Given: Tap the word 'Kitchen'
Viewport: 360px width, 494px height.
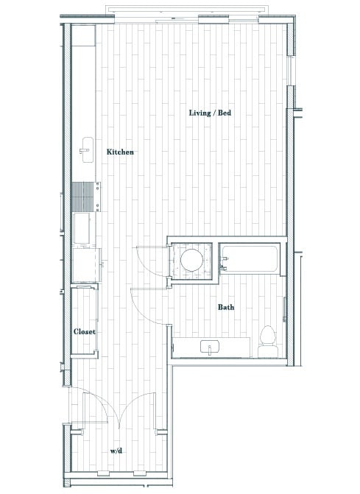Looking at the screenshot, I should (x=120, y=152).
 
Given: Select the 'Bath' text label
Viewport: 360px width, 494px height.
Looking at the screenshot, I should (x=225, y=307).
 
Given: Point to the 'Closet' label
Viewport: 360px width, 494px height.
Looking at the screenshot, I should (x=85, y=332).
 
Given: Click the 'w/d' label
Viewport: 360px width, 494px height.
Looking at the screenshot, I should (x=116, y=451).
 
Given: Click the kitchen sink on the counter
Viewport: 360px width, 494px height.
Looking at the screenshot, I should (x=85, y=149).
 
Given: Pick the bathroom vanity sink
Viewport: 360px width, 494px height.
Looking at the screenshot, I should (x=211, y=347).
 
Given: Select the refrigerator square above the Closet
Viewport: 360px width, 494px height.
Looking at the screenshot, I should (x=86, y=266).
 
